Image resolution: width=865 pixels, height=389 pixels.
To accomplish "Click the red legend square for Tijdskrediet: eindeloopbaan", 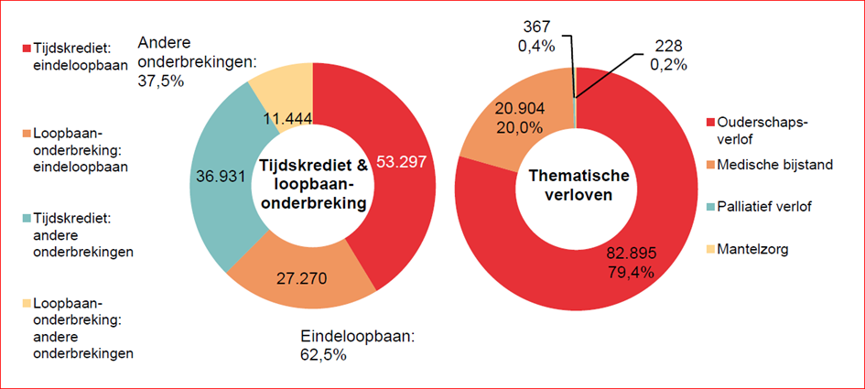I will pyautogui.click(x=27, y=48).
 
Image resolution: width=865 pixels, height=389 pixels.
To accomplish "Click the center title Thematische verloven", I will pyautogui.click(x=574, y=187).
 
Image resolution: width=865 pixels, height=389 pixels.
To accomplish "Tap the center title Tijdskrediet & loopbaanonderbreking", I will pyautogui.click(x=313, y=186).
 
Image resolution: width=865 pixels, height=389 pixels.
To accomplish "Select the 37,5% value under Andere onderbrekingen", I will pyautogui.click(x=161, y=81).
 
